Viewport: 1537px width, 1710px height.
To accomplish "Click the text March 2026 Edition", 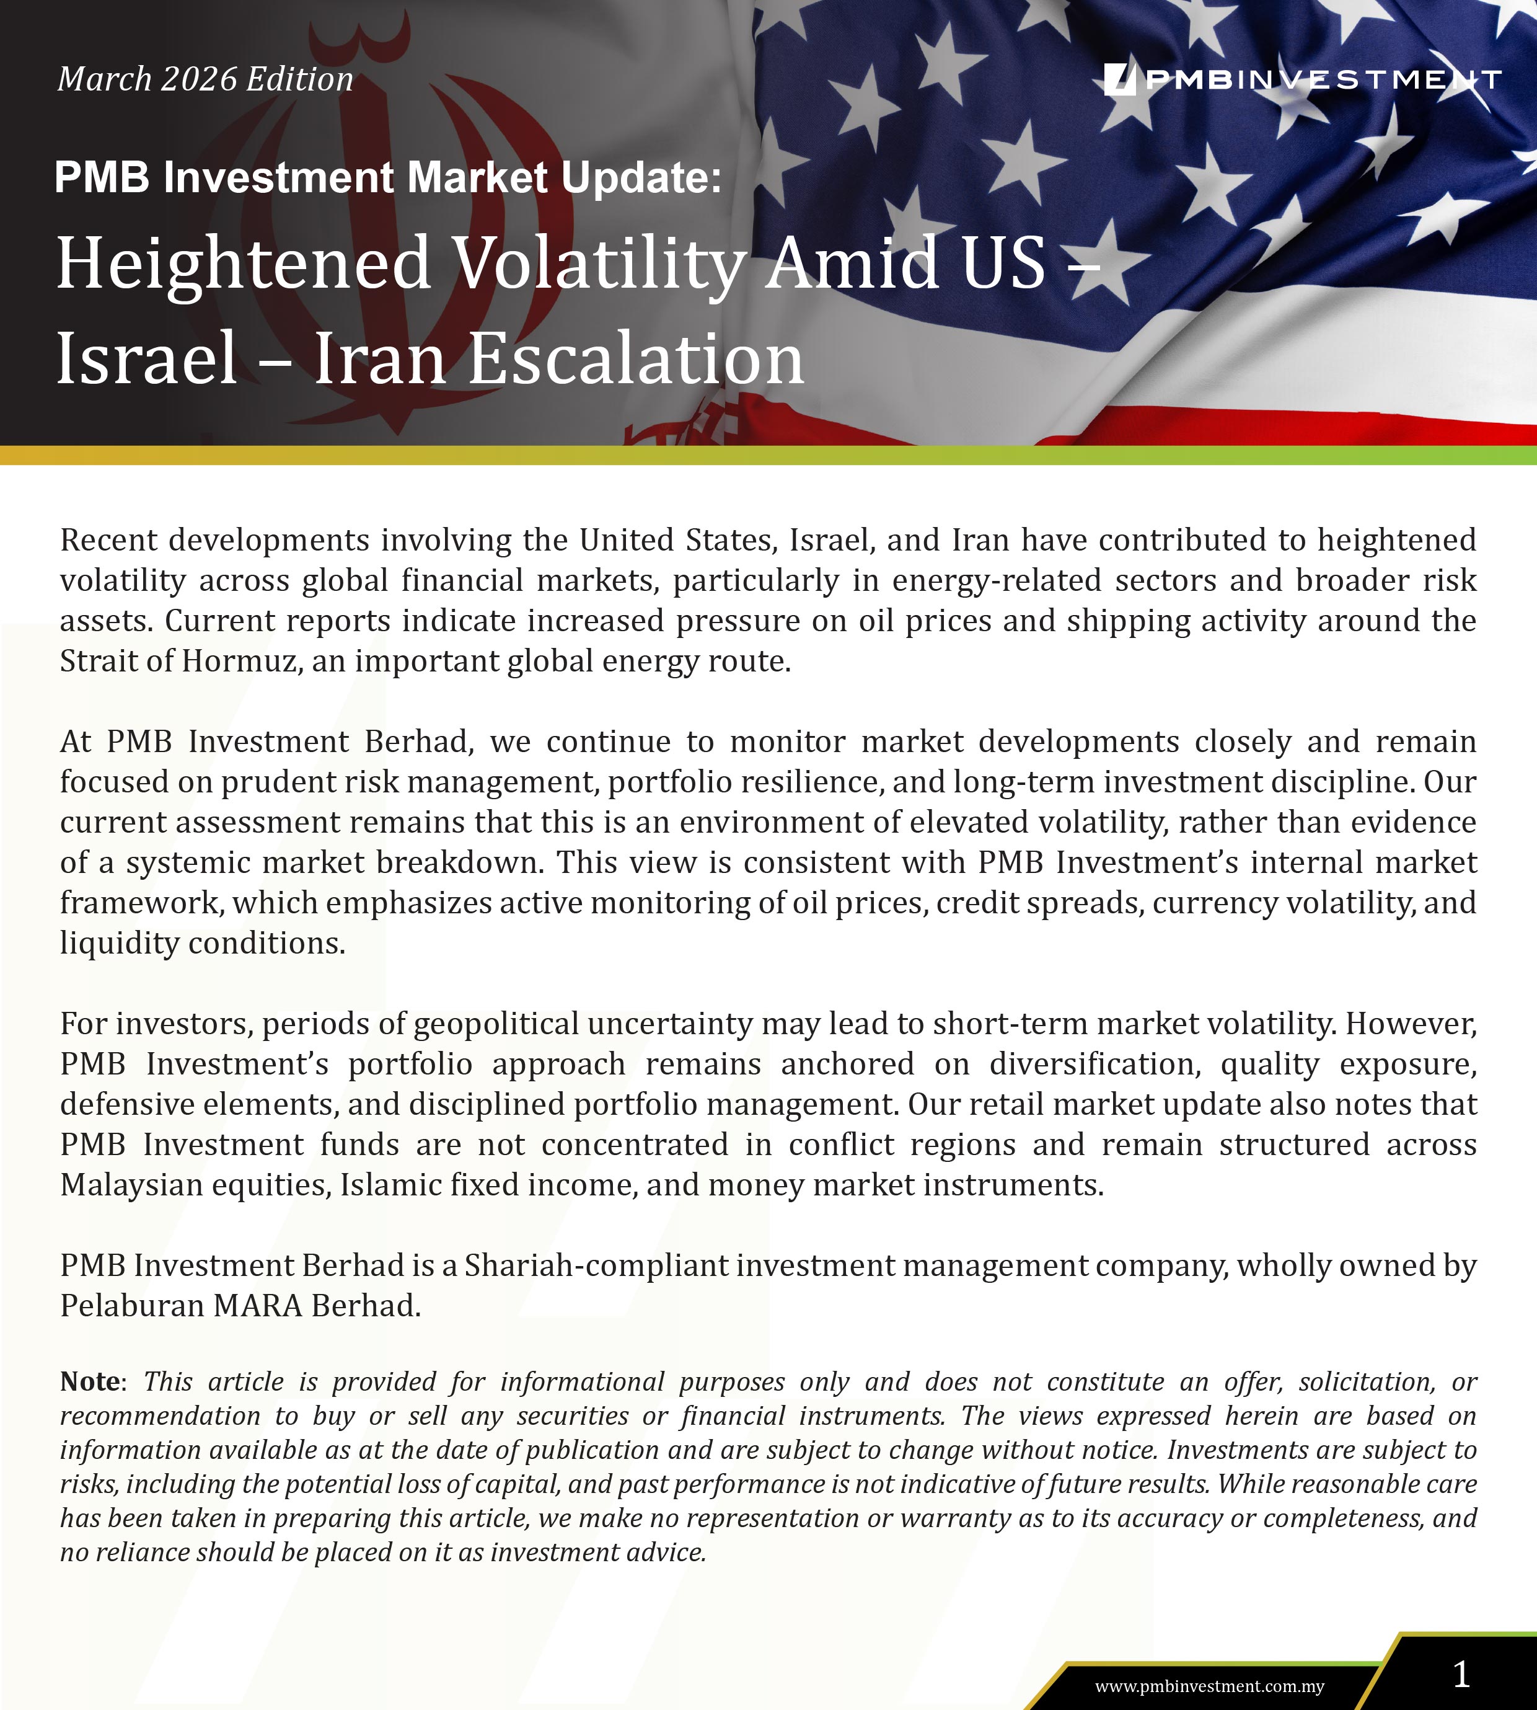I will pos(205,79).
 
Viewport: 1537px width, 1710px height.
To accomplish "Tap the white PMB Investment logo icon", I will pos(1120,79).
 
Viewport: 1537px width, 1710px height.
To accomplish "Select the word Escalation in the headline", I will pos(636,359).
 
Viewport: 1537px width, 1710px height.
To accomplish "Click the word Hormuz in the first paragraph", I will pos(239,661).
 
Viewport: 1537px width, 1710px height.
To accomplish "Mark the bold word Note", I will pos(89,1381).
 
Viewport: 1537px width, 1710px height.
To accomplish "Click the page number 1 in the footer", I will pos(1461,1673).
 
